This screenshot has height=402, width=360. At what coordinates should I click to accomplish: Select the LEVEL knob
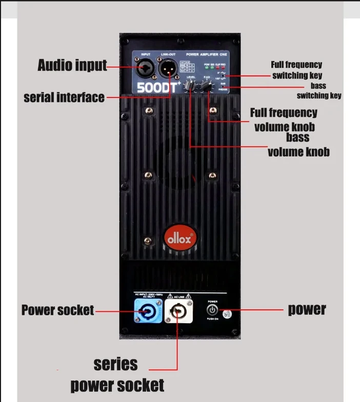(x=191, y=87)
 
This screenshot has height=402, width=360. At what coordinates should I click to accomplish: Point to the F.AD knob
(x=207, y=87)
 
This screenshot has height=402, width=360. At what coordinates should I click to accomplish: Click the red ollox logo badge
(x=180, y=238)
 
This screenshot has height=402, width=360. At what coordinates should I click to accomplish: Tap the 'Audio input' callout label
(x=72, y=66)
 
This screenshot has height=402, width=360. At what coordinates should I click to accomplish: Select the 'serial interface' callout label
(x=64, y=97)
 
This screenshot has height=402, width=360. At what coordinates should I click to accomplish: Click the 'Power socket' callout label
(x=57, y=310)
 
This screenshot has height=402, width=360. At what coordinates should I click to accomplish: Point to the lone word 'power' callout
(x=307, y=309)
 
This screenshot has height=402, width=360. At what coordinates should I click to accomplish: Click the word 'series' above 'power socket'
(x=116, y=364)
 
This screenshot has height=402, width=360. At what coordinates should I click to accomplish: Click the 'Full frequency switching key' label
(x=296, y=70)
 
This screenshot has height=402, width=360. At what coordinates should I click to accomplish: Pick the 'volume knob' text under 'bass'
(x=298, y=152)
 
